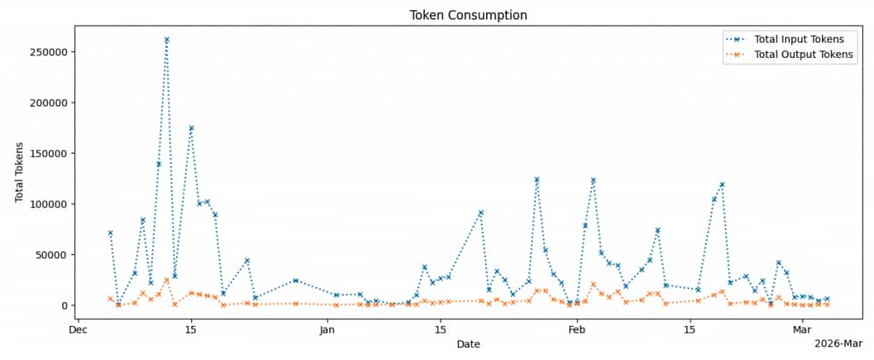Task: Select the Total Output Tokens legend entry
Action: click(x=802, y=55)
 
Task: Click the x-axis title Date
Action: click(x=468, y=345)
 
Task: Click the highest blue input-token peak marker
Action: click(x=166, y=39)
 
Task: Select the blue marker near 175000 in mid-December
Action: click(x=191, y=128)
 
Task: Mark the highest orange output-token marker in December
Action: click(x=166, y=280)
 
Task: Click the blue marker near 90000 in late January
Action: click(x=481, y=213)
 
